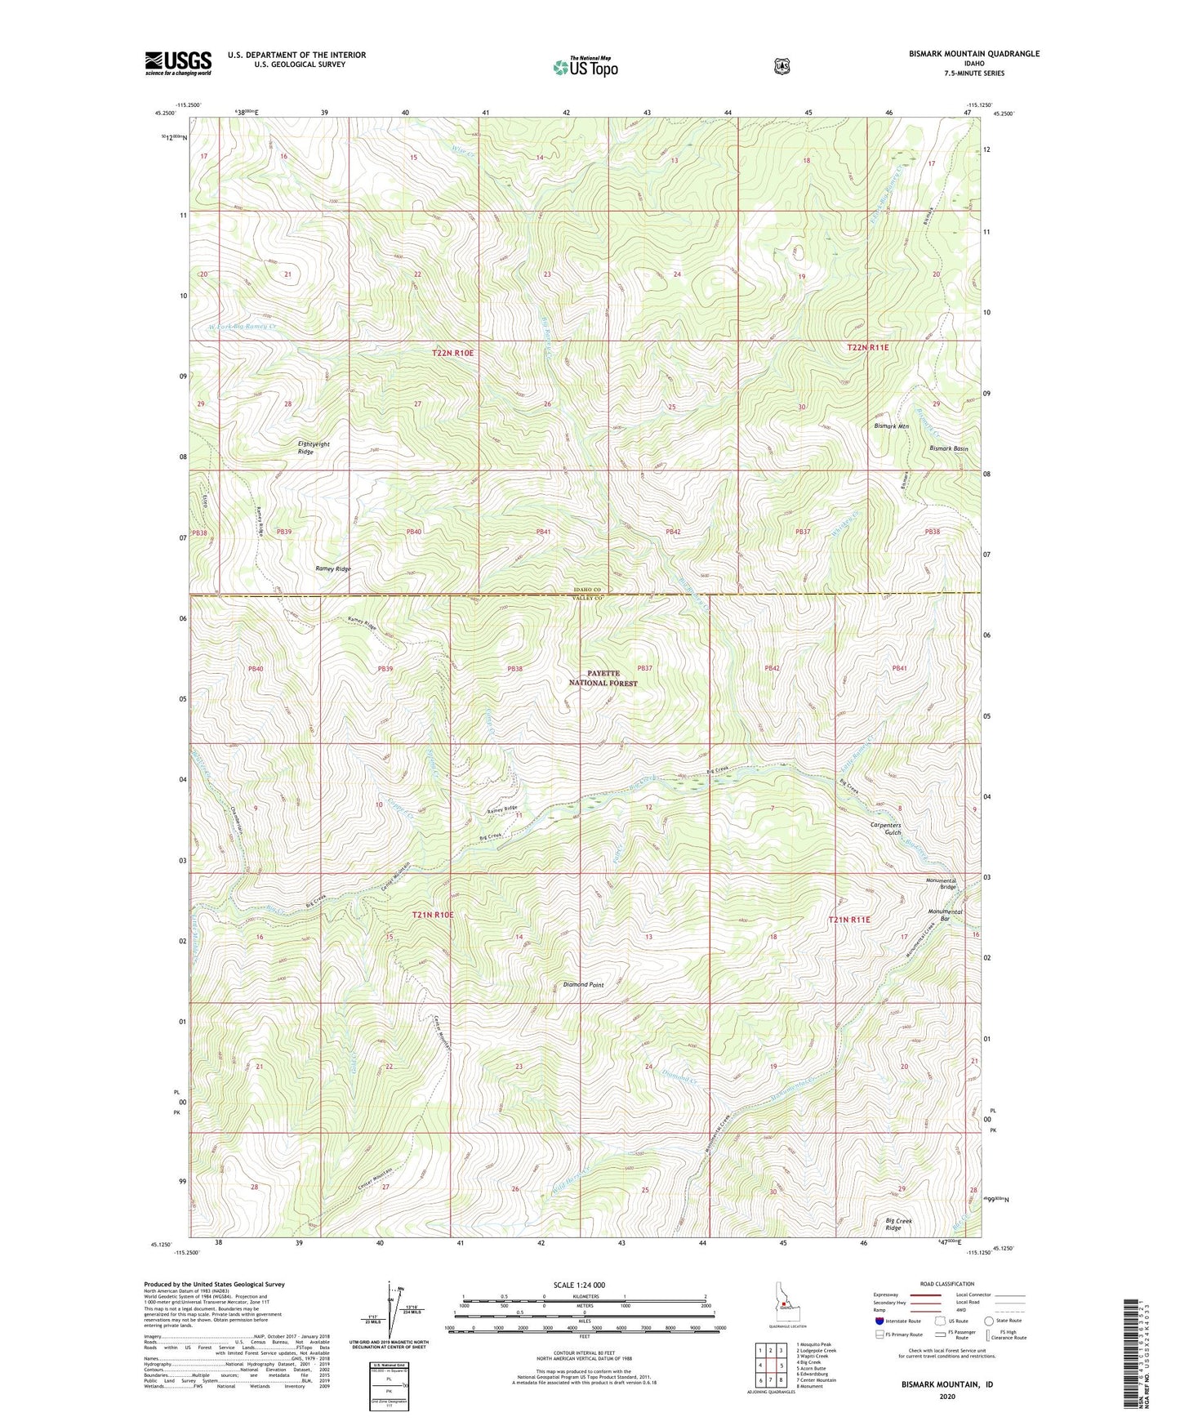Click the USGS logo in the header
[178, 63]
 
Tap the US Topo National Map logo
[584, 67]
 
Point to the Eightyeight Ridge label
[314, 448]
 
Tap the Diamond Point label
[583, 985]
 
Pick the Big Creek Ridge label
[898, 1224]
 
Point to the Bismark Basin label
[948, 448]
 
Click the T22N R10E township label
[452, 353]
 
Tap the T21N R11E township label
[849, 920]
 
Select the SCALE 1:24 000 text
[579, 1285]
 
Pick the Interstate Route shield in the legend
[879, 1321]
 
